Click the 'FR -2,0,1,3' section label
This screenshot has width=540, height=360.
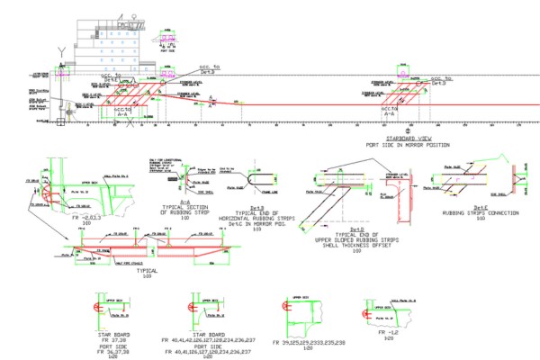click(x=88, y=217)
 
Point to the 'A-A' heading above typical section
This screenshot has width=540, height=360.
click(x=199, y=202)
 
